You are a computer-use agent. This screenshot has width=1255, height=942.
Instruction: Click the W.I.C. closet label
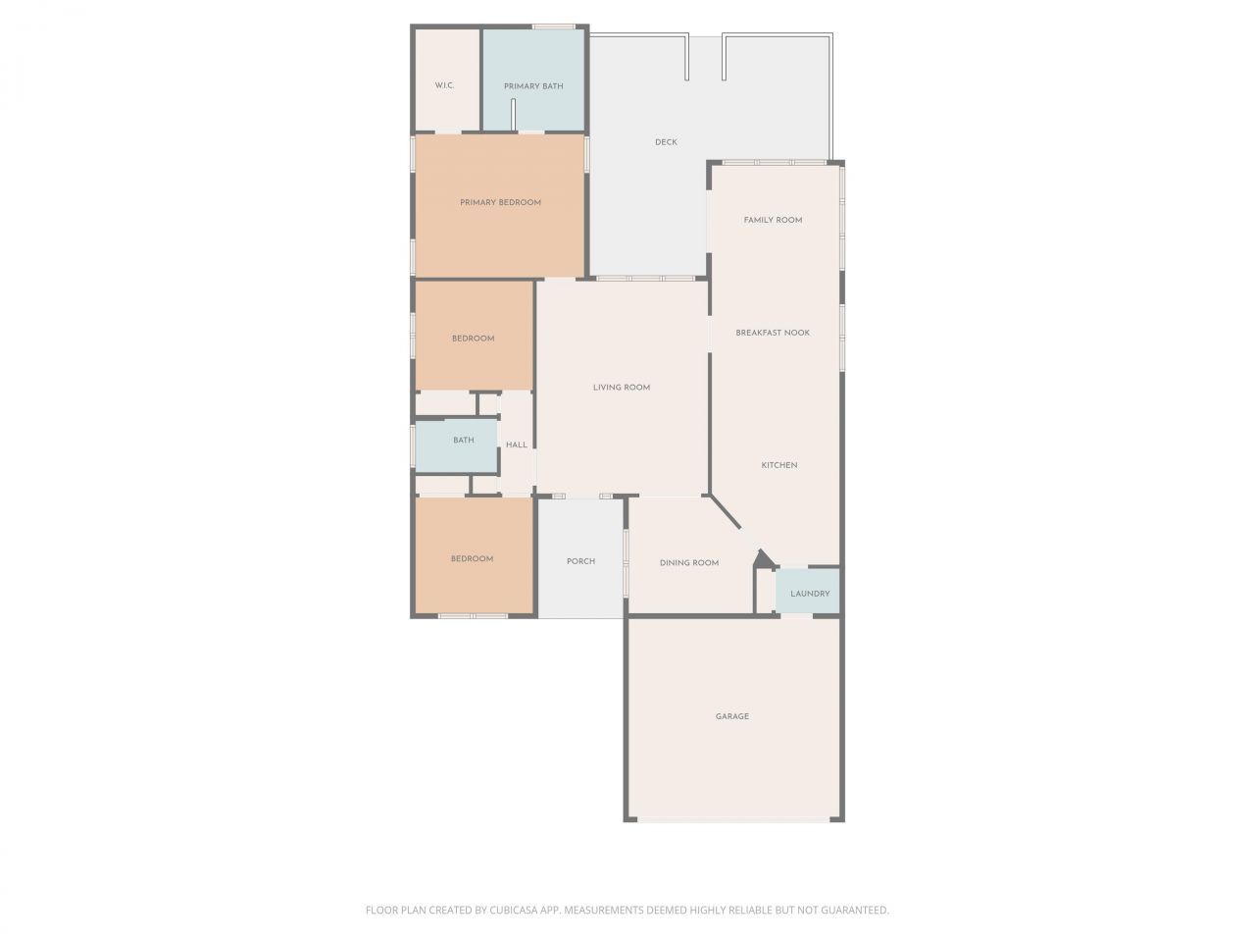(444, 85)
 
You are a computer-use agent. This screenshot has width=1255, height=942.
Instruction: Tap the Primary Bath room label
(533, 86)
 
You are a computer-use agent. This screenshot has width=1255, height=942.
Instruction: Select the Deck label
(666, 142)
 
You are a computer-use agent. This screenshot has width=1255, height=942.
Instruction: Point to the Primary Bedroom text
(500, 202)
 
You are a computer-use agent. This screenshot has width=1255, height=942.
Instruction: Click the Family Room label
(773, 220)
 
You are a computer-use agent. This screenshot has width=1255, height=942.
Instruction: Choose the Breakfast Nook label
(773, 333)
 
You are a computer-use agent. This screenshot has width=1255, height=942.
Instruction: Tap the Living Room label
(622, 388)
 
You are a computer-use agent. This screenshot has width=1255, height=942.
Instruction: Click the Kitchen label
(779, 465)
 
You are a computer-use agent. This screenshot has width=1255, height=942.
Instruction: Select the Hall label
(517, 445)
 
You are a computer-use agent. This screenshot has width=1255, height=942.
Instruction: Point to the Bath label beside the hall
(464, 441)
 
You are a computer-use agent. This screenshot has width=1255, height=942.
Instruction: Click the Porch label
(580, 561)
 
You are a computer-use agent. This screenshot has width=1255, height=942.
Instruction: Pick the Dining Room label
(689, 563)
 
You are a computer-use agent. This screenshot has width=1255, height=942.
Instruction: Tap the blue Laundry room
(810, 593)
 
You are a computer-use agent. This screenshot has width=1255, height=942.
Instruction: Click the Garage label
(732, 716)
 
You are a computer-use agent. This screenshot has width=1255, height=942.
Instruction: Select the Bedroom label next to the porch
(472, 559)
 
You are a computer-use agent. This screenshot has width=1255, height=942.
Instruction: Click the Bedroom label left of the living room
(473, 339)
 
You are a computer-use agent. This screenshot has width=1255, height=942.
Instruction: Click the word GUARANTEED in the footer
(853, 911)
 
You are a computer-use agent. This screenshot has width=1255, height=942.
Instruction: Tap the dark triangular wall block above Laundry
(762, 558)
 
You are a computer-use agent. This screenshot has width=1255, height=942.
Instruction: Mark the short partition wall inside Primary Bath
(513, 114)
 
